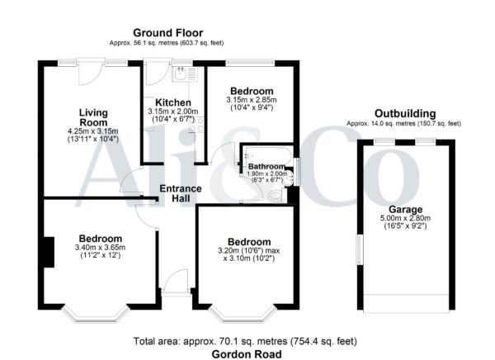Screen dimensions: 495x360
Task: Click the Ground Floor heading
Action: click(168, 33)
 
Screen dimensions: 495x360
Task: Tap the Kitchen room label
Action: click(173, 102)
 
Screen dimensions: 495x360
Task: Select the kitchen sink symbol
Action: click(184, 74)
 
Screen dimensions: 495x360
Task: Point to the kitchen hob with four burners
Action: click(196, 124)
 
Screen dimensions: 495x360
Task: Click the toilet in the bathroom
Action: click(277, 196)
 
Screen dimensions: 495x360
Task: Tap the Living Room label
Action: click(93, 117)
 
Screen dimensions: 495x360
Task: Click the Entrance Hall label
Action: click(181, 193)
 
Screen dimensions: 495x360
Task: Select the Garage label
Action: click(405, 209)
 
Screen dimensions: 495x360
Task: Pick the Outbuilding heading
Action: click(405, 113)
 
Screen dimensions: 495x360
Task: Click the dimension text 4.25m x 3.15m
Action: click(93, 131)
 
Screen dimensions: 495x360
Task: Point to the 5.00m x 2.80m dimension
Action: click(405, 218)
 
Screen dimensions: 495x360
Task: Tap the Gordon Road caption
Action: click(247, 354)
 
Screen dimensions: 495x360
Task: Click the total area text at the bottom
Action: click(245, 341)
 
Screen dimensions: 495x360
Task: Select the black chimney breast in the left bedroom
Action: click(49, 252)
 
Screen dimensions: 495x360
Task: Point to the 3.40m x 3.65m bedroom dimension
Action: click(101, 247)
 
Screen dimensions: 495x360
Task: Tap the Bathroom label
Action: click(266, 167)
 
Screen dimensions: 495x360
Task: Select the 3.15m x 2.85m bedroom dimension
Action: click(252, 100)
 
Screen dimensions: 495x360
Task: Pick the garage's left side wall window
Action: click(360, 249)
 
